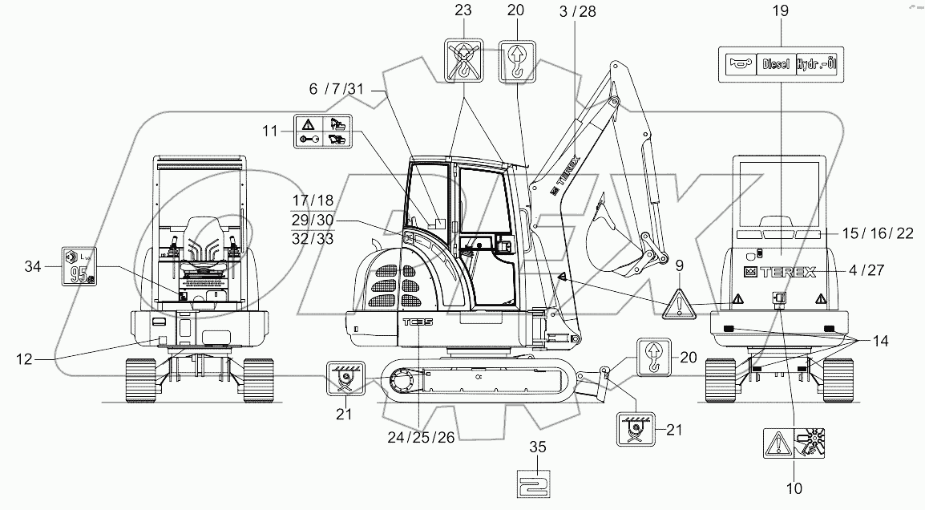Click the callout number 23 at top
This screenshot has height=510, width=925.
(x=462, y=12)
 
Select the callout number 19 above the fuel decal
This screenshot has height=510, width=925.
(x=780, y=12)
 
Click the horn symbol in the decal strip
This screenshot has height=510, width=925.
(x=738, y=64)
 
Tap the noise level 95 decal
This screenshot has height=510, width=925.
(x=79, y=265)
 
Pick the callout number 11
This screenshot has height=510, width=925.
(x=270, y=130)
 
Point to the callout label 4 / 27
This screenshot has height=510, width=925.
(x=869, y=271)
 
